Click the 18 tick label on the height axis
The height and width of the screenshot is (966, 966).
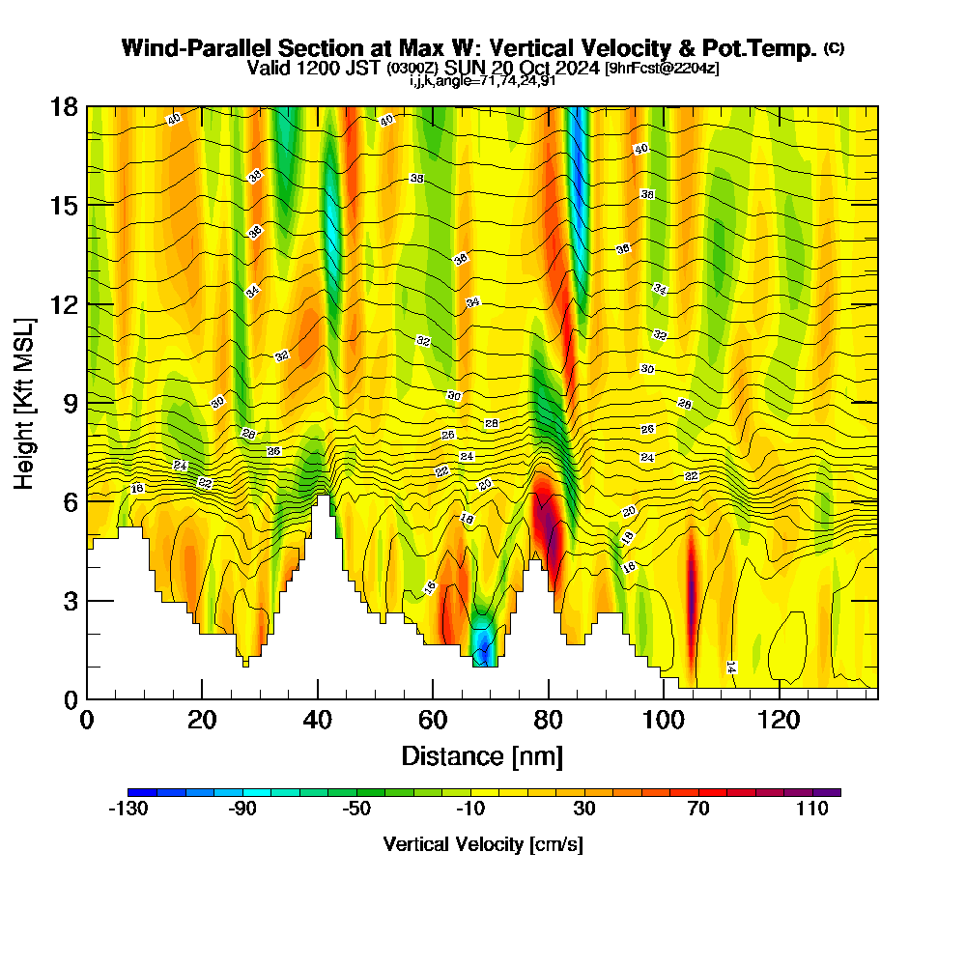(x=63, y=106)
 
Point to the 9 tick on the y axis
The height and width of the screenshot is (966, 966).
(x=88, y=403)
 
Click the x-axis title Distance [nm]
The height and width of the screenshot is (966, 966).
(x=482, y=755)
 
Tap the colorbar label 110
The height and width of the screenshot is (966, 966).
(x=812, y=810)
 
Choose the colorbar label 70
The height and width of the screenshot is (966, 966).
(x=698, y=810)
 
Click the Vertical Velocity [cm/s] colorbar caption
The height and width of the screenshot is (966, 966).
(x=482, y=844)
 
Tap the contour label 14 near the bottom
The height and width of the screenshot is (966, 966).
(x=731, y=667)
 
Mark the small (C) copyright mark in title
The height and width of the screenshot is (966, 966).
(x=835, y=48)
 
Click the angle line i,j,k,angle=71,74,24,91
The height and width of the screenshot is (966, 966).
(x=482, y=80)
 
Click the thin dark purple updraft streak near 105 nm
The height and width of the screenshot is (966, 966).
(x=691, y=580)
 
